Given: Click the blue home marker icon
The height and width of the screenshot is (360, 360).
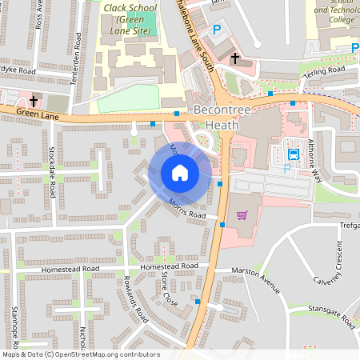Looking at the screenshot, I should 180,173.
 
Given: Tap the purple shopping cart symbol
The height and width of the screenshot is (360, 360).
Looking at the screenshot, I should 242,214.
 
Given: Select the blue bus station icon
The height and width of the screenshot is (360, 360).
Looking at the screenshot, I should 294,154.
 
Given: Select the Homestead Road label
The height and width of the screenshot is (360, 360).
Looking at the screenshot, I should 168,266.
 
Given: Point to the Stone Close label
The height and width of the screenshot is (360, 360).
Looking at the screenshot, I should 168,290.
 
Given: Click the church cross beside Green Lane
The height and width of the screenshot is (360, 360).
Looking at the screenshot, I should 34,101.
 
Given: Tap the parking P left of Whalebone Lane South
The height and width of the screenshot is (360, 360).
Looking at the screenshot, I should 216,30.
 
